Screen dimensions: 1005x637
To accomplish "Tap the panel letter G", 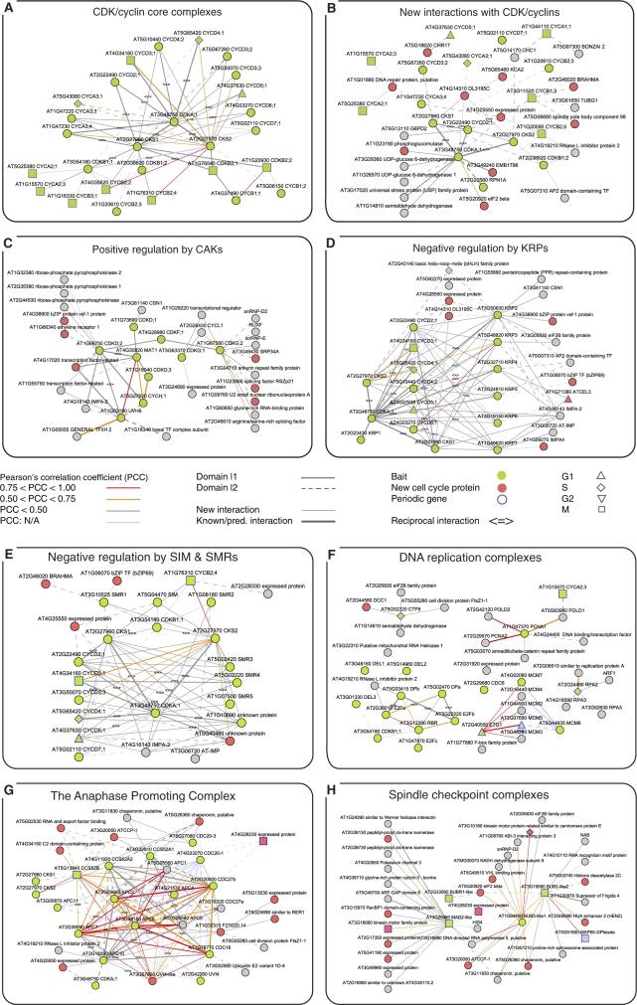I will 9,740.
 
